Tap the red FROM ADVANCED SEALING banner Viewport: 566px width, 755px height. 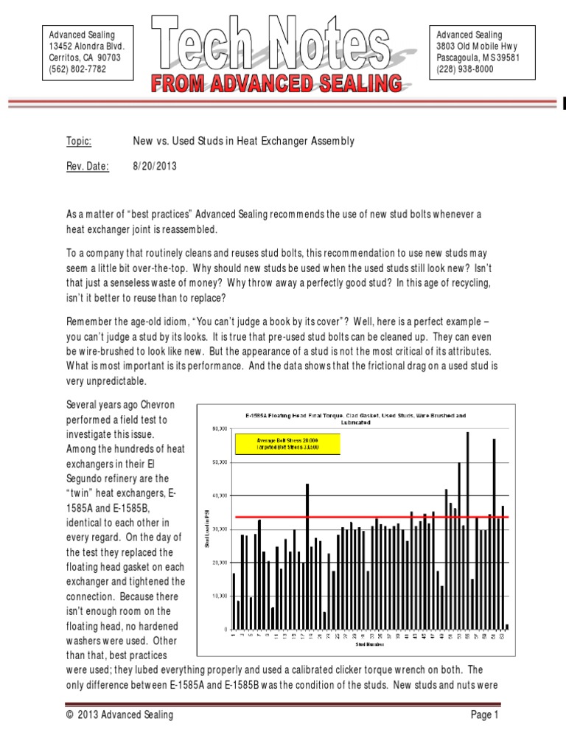(277, 83)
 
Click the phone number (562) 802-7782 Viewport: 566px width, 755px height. (77, 69)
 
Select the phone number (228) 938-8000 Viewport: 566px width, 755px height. (465, 69)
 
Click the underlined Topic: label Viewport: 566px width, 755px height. (79, 141)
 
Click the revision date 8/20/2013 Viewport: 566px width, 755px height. (155, 167)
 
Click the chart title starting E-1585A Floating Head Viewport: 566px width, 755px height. (356, 416)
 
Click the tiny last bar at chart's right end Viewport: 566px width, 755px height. (507, 626)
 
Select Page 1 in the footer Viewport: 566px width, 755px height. (485, 714)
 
